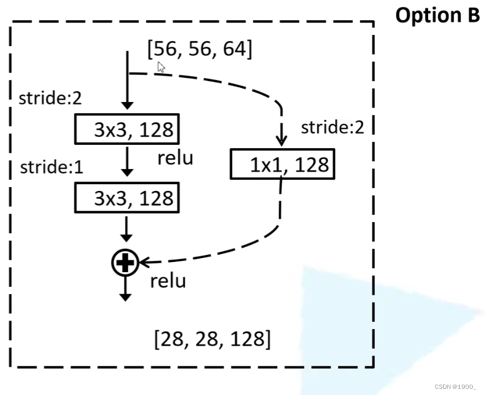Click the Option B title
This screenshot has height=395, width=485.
pyautogui.click(x=437, y=16)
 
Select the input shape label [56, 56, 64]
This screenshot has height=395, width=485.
pyautogui.click(x=199, y=50)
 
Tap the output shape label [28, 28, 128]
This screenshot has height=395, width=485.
pyautogui.click(x=212, y=339)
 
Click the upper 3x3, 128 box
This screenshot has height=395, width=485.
pyautogui.click(x=127, y=130)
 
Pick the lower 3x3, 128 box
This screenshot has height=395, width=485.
pyautogui.click(x=127, y=198)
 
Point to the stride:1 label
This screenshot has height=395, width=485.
pyautogui.click(x=51, y=167)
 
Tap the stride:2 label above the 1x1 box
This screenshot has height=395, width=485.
pyautogui.click(x=332, y=127)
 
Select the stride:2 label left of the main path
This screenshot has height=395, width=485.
pyautogui.click(x=50, y=98)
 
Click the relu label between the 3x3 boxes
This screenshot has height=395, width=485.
pyautogui.click(x=175, y=158)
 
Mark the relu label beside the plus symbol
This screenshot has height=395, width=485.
pyautogui.click(x=168, y=281)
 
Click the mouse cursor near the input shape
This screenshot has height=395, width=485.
pyautogui.click(x=161, y=68)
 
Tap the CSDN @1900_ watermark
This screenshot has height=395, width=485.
pyautogui.click(x=456, y=386)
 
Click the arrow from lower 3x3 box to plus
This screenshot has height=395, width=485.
pyautogui.click(x=127, y=230)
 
